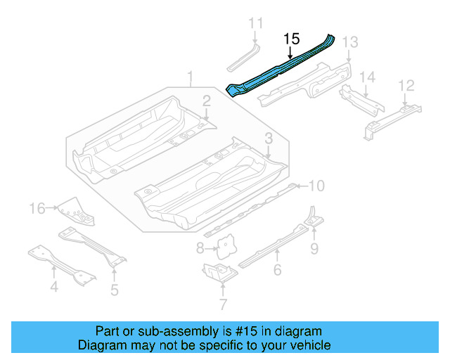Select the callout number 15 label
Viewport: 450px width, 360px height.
click(292, 39)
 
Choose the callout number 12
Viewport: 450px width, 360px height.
click(406, 85)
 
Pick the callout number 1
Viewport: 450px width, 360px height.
click(189, 76)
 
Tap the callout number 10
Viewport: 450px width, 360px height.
click(317, 186)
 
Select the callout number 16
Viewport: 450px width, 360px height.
click(37, 208)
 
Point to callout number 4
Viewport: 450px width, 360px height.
click(53, 286)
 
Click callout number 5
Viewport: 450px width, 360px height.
click(114, 288)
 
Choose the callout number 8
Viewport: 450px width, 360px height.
click(200, 247)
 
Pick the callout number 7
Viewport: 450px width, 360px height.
click(223, 304)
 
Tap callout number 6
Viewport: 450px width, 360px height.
click(277, 270)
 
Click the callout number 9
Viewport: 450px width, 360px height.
click(314, 247)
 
